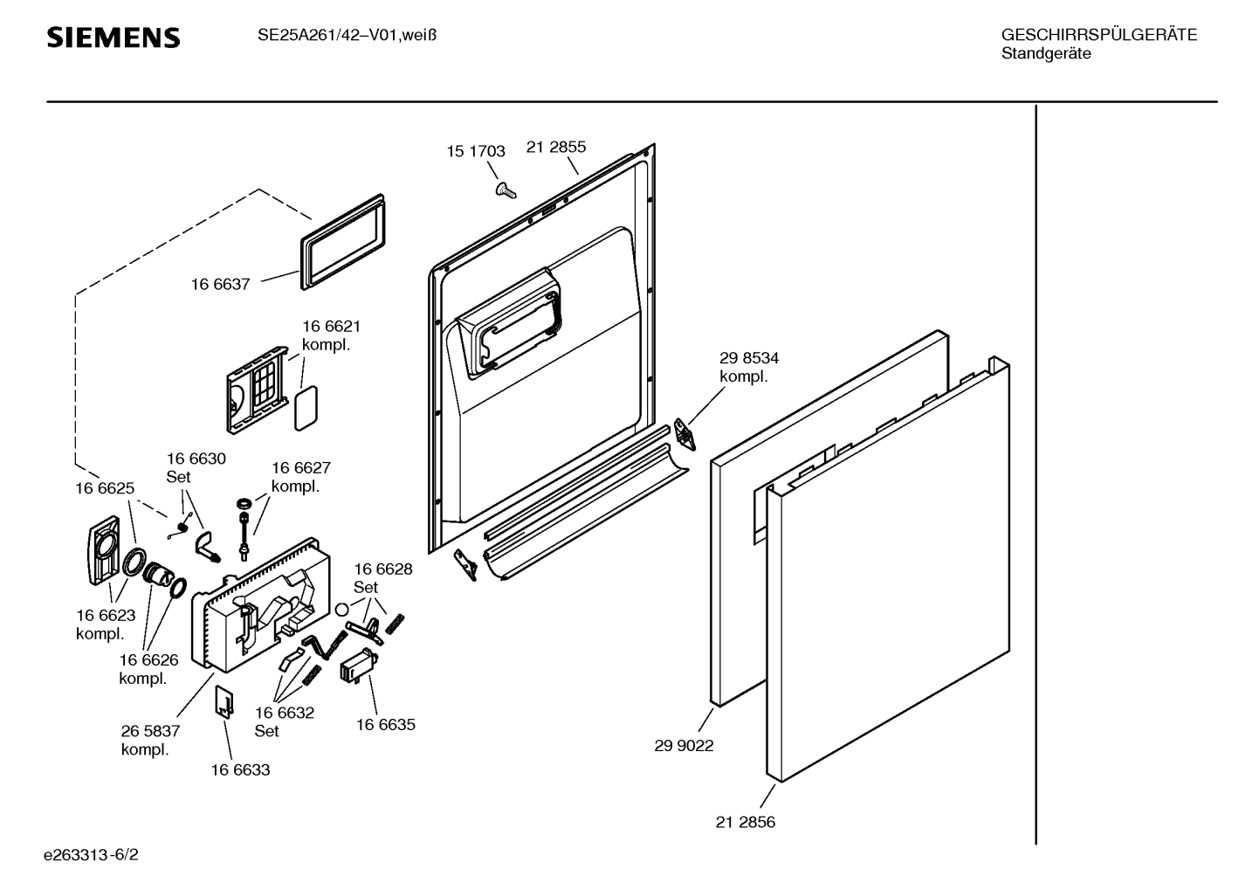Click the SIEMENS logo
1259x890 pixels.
(x=114, y=38)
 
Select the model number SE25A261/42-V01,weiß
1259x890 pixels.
(x=347, y=36)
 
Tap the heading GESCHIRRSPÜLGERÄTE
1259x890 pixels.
(x=1098, y=35)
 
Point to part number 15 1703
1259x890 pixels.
(x=476, y=151)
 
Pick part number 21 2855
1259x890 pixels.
(x=556, y=147)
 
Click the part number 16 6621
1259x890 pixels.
(x=331, y=326)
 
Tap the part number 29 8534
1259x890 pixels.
(x=749, y=357)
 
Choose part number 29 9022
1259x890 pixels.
(x=684, y=746)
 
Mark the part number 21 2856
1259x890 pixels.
(x=746, y=822)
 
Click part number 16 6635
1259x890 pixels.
(x=385, y=724)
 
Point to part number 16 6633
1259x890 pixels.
(x=240, y=769)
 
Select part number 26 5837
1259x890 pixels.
(x=150, y=731)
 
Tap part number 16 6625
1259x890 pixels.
(x=105, y=488)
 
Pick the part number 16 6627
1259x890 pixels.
(x=300, y=467)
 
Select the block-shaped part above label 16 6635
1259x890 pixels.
(x=356, y=668)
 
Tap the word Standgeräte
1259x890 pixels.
(x=1046, y=53)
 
